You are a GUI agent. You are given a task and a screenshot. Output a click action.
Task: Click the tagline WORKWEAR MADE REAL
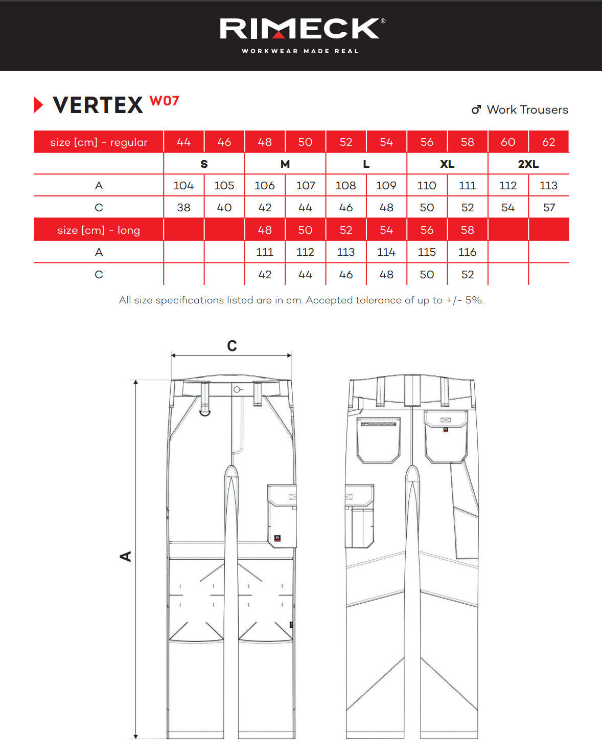300,51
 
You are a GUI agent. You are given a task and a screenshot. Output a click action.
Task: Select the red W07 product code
165,101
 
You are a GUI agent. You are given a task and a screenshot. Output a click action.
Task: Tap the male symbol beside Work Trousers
476,109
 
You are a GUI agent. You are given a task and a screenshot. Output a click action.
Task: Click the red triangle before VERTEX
38,105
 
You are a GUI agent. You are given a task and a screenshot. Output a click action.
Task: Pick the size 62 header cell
548,142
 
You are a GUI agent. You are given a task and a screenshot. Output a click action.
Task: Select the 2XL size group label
528,164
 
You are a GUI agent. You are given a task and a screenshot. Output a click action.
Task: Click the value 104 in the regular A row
183,186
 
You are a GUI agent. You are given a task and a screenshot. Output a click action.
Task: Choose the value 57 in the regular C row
549,208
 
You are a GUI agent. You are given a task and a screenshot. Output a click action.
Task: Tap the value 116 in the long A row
467,252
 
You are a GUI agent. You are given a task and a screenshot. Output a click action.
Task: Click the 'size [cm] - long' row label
99,230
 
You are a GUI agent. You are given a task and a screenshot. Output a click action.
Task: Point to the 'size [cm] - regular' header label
99,142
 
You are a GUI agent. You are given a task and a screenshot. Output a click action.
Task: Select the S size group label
204,164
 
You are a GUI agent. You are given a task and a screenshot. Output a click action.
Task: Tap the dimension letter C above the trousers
231,346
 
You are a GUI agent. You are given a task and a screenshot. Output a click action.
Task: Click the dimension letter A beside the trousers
126,556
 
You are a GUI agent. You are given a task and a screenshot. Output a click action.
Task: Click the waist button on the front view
237,390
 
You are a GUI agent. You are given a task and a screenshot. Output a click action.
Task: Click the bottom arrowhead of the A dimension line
135,736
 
